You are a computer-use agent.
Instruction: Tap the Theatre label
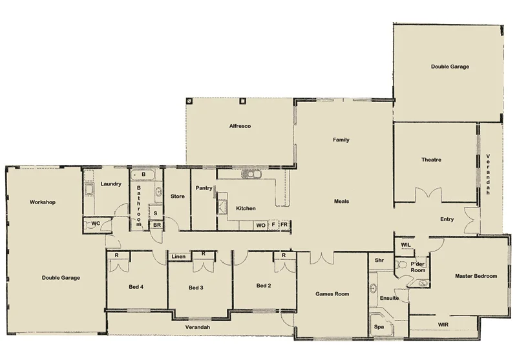click(x=431, y=160)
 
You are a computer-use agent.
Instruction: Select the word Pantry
click(x=204, y=188)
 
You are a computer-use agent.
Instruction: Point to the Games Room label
click(x=332, y=294)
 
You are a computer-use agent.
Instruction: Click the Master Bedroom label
click(x=476, y=276)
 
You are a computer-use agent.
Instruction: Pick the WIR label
click(x=443, y=324)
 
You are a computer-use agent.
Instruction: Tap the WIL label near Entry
click(x=406, y=246)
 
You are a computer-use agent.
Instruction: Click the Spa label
click(x=379, y=328)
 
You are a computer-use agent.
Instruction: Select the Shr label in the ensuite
click(x=379, y=260)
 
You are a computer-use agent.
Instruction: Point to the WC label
click(x=95, y=224)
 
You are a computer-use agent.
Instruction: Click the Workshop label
click(x=43, y=202)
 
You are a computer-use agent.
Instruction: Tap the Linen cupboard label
click(x=179, y=257)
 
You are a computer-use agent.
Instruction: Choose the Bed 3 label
click(x=196, y=287)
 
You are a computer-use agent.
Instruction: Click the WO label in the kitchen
click(x=260, y=225)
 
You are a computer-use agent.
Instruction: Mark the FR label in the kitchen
click(x=284, y=225)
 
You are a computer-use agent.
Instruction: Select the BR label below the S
click(x=156, y=225)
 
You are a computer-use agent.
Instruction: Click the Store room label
click(x=178, y=196)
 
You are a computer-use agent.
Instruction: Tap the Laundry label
click(x=111, y=184)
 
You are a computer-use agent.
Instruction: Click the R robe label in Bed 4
click(x=116, y=255)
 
